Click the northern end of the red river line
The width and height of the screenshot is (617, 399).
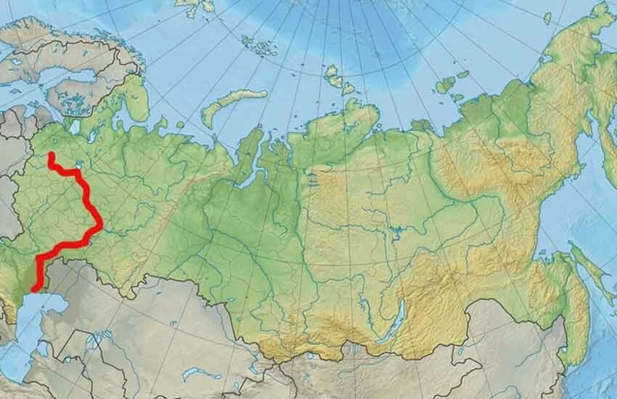click(51, 155)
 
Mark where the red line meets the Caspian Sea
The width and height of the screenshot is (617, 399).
click(33, 289)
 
